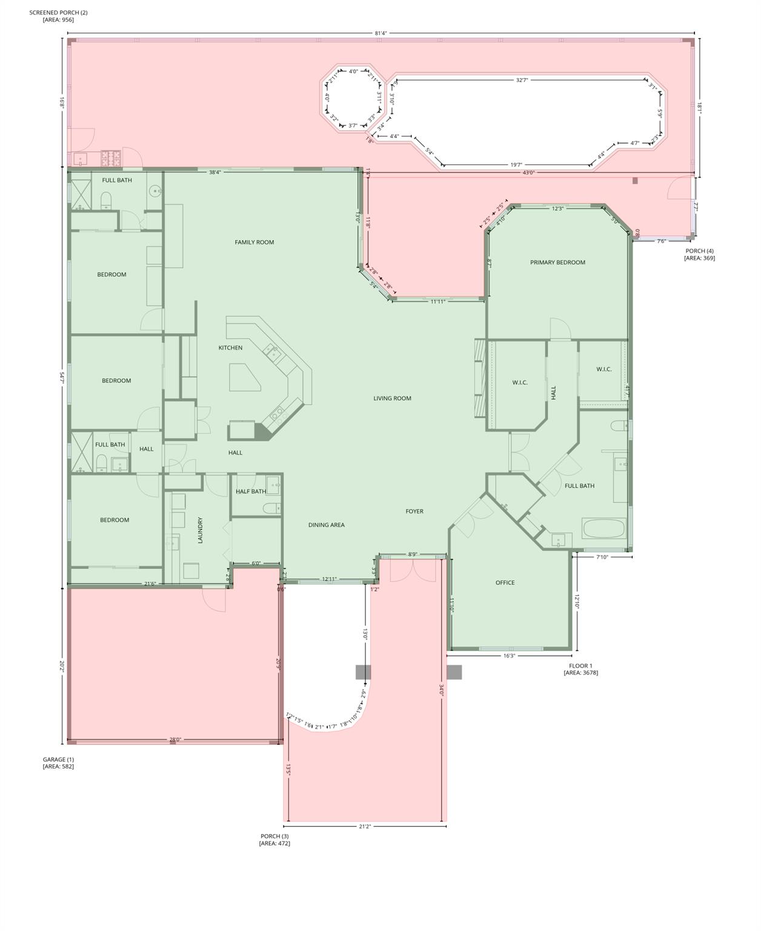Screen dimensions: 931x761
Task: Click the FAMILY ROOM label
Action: coord(254,242)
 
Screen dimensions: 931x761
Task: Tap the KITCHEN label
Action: coord(230,348)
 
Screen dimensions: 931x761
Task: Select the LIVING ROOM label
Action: coord(392,399)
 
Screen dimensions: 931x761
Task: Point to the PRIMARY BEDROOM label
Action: coord(557,262)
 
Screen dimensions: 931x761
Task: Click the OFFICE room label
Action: coord(505,583)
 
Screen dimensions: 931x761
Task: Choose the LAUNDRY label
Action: coord(200,530)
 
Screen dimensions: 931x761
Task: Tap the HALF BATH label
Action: coord(250,492)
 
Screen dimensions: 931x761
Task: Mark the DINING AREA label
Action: coord(326,526)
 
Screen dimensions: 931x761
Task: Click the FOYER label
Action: coord(414,512)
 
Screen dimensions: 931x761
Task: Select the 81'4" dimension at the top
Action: coord(380,33)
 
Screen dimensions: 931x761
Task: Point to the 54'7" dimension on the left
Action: coord(62,376)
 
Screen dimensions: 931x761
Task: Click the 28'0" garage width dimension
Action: coord(175,739)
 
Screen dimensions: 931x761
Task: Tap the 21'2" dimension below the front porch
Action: coord(365,826)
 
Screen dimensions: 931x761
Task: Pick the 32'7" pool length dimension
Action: coord(522,80)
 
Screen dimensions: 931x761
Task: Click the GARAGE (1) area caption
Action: coord(58,763)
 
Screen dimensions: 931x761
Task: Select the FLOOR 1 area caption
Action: coord(580,669)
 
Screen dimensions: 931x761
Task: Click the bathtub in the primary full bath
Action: coord(603,529)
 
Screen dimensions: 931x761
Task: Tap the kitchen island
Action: coord(244,378)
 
